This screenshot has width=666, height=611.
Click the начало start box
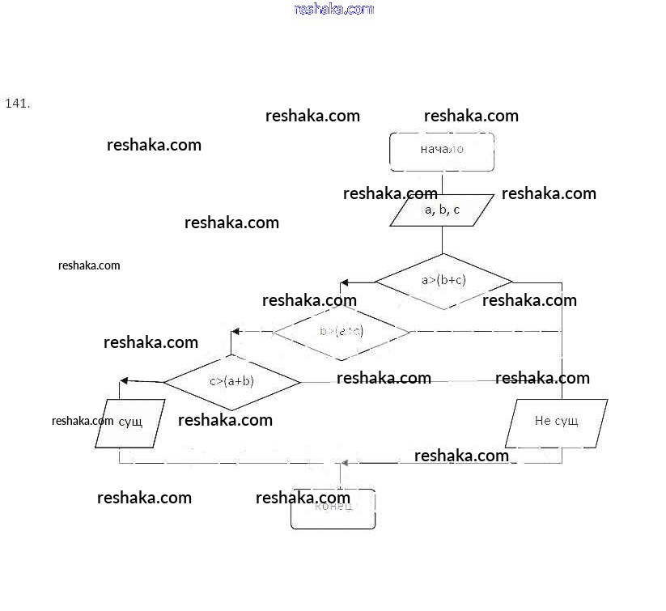pos(442,151)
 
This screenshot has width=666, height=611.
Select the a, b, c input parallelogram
pos(442,210)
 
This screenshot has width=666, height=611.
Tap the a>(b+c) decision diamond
pos(443,281)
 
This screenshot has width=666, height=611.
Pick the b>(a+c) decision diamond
pos(341,331)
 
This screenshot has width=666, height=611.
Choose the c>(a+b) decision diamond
pos(232,381)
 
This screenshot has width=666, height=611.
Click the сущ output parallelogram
pos(130,422)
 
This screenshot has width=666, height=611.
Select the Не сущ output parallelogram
pos(556,422)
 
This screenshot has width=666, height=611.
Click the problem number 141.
pos(18,104)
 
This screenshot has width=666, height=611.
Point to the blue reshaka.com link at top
pos(334,9)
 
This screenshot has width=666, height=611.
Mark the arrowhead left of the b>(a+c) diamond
pos(235,332)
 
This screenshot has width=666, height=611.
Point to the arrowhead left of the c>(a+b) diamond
pos(125,381)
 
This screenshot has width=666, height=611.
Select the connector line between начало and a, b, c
pos(442,183)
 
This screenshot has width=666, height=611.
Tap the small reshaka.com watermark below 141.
pos(89,265)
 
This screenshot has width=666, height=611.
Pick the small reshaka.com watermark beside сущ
pos(83,421)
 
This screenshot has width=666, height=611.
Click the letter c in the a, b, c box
pos(456,210)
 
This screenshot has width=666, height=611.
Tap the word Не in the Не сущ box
pos(542,421)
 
